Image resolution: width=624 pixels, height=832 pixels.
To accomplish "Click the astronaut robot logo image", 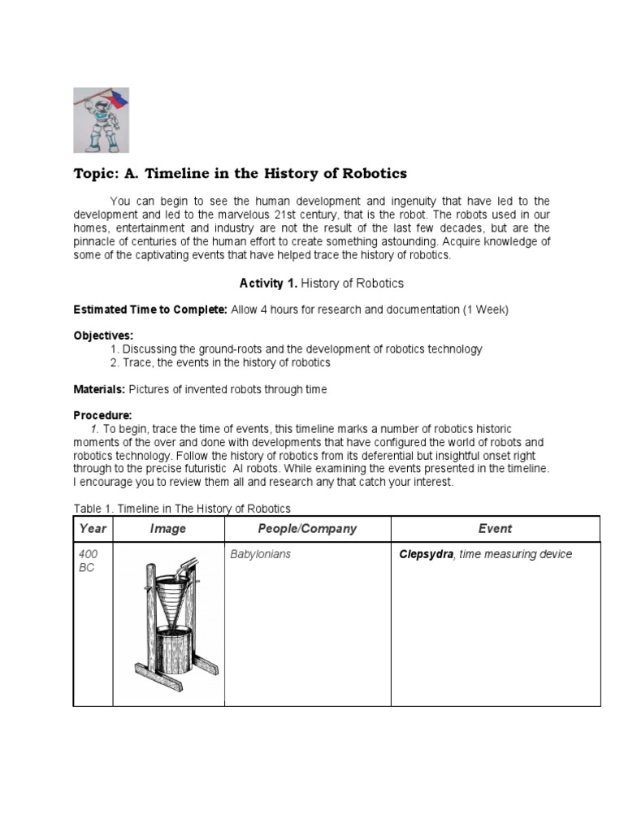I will tap(106, 120).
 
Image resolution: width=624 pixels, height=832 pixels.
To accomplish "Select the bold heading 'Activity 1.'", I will tap(262, 283).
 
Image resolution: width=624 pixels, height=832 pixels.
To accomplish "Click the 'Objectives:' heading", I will tap(103, 336).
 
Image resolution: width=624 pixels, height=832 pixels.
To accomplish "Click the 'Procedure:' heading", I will tap(102, 415).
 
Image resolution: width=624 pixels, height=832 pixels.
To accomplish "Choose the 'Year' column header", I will tap(93, 529).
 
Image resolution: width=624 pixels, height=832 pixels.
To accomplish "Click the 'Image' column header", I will tap(167, 529).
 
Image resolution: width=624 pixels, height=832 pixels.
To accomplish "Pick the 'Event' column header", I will tap(495, 529).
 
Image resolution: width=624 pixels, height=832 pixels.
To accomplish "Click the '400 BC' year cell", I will tap(87, 561).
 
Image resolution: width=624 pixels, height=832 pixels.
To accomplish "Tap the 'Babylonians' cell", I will tap(260, 554).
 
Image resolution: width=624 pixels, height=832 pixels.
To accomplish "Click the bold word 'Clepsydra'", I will tap(426, 554).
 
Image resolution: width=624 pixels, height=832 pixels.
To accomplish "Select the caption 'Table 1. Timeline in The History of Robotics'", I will tap(182, 509).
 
